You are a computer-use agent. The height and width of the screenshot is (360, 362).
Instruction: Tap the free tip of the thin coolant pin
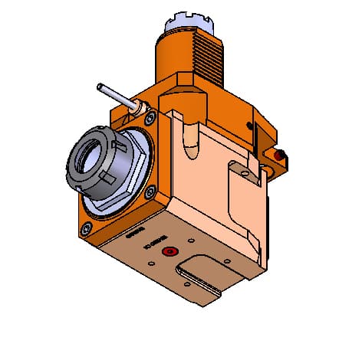click(100, 87)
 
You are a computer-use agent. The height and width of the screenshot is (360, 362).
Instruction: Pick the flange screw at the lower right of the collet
click(151, 191)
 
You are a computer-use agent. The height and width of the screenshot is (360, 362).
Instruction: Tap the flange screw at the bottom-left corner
click(87, 229)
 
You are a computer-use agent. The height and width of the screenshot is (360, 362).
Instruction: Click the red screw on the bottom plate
click(166, 252)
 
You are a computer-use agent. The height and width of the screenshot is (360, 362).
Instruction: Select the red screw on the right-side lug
click(280, 157)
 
